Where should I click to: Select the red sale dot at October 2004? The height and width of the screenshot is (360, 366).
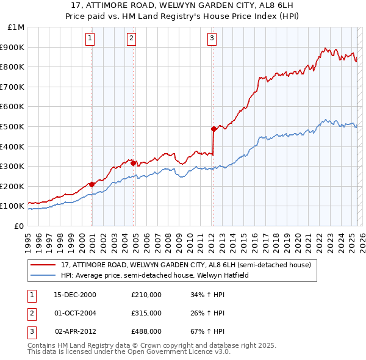point(133,163)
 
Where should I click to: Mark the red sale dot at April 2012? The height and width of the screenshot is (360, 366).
point(213,129)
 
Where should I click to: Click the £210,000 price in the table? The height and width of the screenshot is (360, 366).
point(146,295)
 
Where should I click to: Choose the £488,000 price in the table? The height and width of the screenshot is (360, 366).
point(146,331)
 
